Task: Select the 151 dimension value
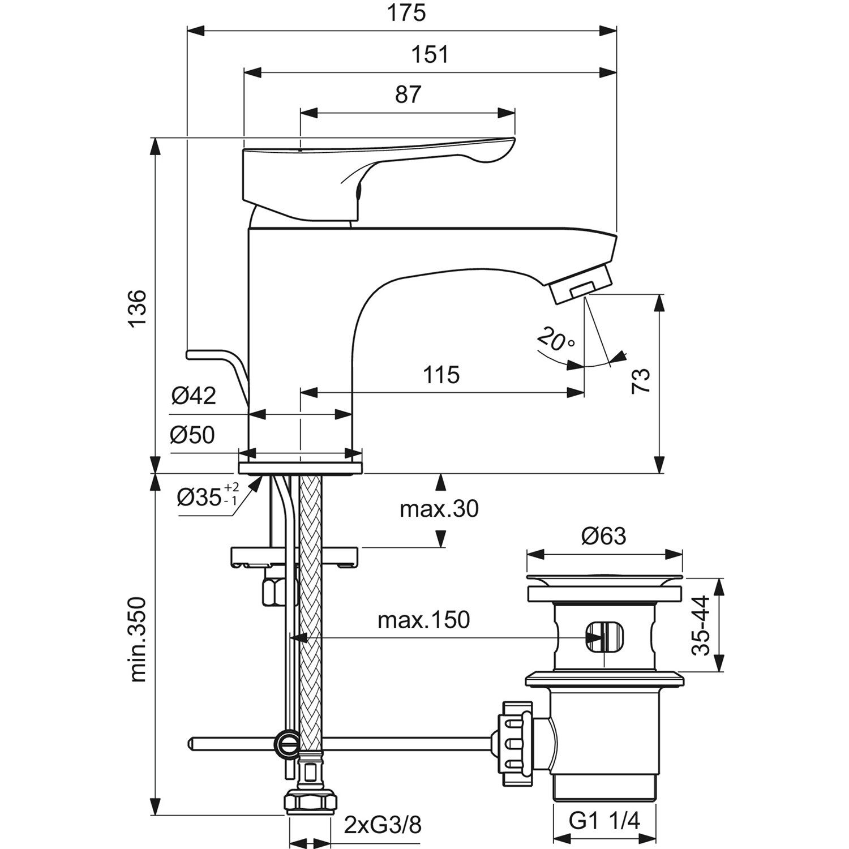[431, 55]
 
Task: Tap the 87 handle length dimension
[408, 95]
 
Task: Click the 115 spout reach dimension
[442, 375]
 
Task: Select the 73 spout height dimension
[642, 380]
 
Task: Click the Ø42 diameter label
[194, 396]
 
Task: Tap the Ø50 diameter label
[193, 435]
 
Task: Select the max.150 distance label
[423, 620]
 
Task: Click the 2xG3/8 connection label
[383, 826]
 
